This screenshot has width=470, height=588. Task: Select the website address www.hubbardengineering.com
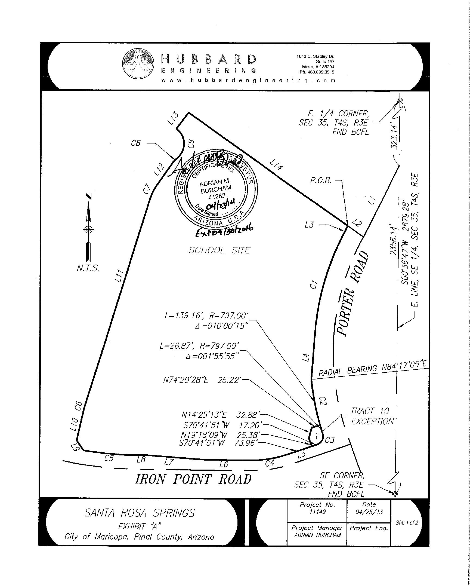(248, 81)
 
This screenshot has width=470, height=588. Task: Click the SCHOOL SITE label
(219, 250)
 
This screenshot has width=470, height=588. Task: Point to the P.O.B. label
(320, 180)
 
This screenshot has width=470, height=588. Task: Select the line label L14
(276, 164)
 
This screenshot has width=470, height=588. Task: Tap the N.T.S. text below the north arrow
(88, 268)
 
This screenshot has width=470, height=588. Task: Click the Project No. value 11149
(317, 512)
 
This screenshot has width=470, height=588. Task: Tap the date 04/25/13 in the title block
(369, 512)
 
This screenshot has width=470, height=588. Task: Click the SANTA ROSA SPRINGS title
(140, 513)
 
